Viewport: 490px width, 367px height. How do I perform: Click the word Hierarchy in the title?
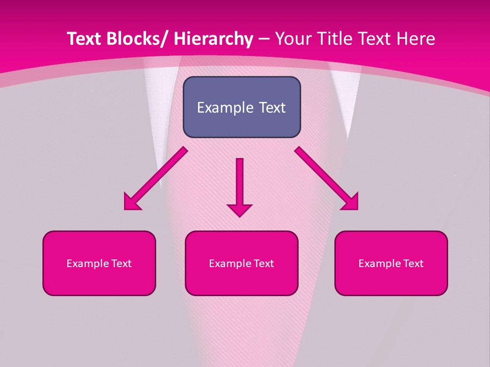(x=213, y=39)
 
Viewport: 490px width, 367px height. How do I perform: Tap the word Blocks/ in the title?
(x=135, y=39)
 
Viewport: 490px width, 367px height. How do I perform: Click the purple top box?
(x=241, y=107)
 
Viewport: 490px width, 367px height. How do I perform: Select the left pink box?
(x=99, y=263)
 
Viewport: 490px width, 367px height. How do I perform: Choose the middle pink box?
(x=241, y=263)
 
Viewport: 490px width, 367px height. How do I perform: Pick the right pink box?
(x=391, y=263)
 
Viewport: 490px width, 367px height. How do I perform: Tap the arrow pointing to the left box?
(x=156, y=178)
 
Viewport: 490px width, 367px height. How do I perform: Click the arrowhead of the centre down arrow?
(x=239, y=209)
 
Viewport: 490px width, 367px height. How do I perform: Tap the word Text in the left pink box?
(x=121, y=264)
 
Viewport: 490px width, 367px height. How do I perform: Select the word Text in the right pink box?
(x=413, y=264)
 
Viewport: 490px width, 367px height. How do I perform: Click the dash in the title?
(x=264, y=39)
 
